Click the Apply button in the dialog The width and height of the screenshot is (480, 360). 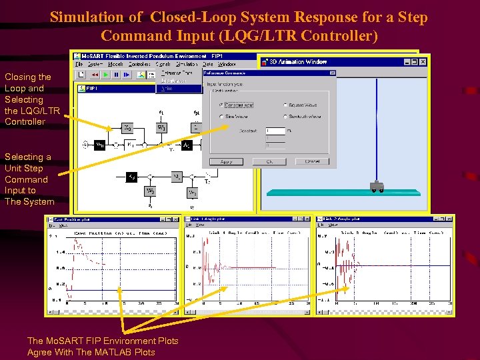[x=226, y=161]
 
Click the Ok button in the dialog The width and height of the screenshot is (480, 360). [x=270, y=161]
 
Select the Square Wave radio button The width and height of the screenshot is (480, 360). [x=286, y=105]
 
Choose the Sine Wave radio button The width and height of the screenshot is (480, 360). [x=222, y=117]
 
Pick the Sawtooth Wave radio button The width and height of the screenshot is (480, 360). [x=286, y=117]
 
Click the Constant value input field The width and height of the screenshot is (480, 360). [x=275, y=131]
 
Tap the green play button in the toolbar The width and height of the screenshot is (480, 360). [x=105, y=75]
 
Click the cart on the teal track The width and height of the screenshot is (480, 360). [x=377, y=187]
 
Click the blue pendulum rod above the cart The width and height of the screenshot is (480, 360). [x=377, y=127]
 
